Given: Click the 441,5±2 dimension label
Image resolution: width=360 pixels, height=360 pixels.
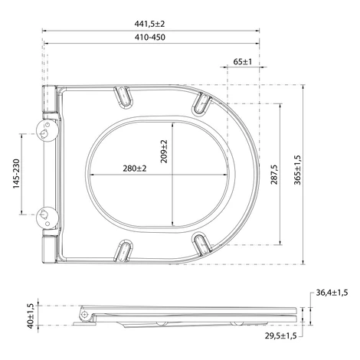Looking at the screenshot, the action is [x=149, y=24].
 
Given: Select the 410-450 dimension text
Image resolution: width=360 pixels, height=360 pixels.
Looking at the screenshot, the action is [x=150, y=38].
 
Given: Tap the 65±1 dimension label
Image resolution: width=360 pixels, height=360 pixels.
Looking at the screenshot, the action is [x=243, y=61].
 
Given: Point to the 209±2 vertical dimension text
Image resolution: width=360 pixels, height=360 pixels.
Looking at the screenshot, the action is [x=164, y=152].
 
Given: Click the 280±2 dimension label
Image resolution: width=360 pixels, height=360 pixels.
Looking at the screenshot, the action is [x=135, y=169].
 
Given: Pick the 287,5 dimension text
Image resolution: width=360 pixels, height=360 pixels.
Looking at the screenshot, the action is [x=274, y=175].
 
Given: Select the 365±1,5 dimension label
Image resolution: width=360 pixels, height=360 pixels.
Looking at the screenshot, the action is [x=297, y=170].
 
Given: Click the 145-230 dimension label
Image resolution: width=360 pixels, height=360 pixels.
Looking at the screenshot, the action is [x=16, y=174].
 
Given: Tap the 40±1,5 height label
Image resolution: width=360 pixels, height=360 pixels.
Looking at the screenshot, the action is [x=30, y=316].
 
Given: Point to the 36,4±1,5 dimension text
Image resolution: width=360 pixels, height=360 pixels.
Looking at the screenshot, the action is [x=332, y=293].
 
